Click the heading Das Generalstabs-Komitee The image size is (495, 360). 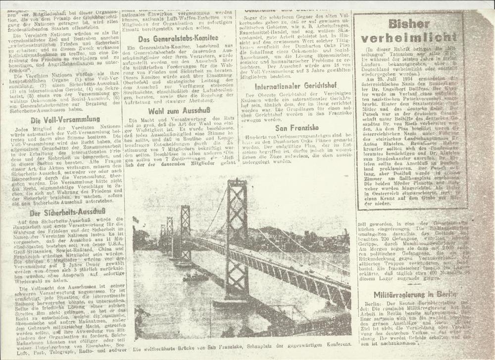click(x=178, y=38)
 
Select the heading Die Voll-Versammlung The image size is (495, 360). click(x=62, y=120)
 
